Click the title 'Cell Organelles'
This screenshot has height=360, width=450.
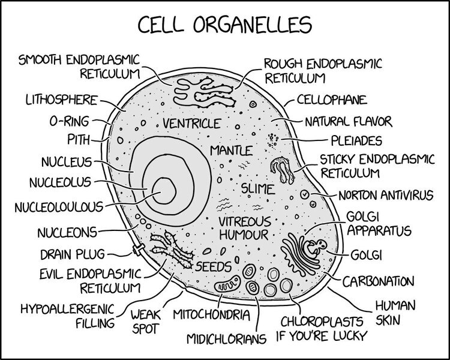coord(225,25)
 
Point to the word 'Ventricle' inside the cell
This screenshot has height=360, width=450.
coord(188,124)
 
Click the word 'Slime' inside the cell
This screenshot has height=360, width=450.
coord(257,189)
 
